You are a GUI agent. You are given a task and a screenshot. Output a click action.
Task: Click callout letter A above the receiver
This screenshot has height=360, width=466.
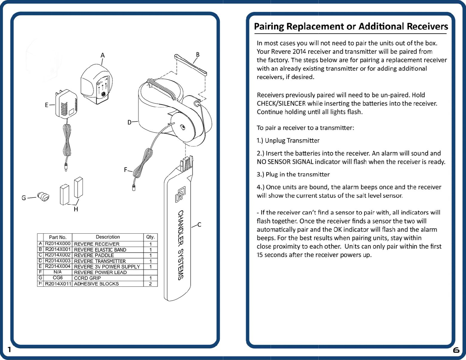tap(102, 55)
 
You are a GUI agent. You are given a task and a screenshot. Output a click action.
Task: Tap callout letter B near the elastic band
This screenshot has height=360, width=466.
tap(198, 55)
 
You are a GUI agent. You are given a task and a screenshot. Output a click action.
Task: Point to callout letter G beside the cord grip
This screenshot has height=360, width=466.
tap(24, 198)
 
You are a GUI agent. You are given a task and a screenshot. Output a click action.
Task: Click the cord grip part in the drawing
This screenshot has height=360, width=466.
tap(43, 197)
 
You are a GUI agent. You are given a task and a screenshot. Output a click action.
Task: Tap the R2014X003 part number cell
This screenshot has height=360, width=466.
tap(58, 261)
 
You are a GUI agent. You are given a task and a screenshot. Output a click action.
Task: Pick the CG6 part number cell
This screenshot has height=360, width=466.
tap(58, 278)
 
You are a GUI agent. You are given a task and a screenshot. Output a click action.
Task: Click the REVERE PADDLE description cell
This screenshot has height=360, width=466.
tap(94, 255)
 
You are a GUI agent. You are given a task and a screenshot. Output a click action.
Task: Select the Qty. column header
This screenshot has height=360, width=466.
tap(150, 237)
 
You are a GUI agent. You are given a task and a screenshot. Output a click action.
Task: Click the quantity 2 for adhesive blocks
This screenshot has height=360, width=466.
tap(150, 284)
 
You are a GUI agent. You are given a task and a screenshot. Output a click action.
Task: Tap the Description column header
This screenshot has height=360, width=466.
tap(107, 237)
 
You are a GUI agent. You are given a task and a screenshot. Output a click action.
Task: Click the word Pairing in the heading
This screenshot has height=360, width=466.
tap(269, 26)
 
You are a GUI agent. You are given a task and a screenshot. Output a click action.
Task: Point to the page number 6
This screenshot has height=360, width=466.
tap(456, 350)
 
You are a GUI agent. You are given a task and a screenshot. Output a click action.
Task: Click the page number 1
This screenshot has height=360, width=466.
tap(9, 350)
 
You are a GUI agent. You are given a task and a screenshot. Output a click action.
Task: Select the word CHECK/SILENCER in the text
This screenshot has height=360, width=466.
tap(281, 103)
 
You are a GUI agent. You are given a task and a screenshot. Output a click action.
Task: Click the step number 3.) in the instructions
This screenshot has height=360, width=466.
tap(260, 175)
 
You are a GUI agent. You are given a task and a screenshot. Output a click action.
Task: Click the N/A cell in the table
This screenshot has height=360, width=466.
tap(58, 272)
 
